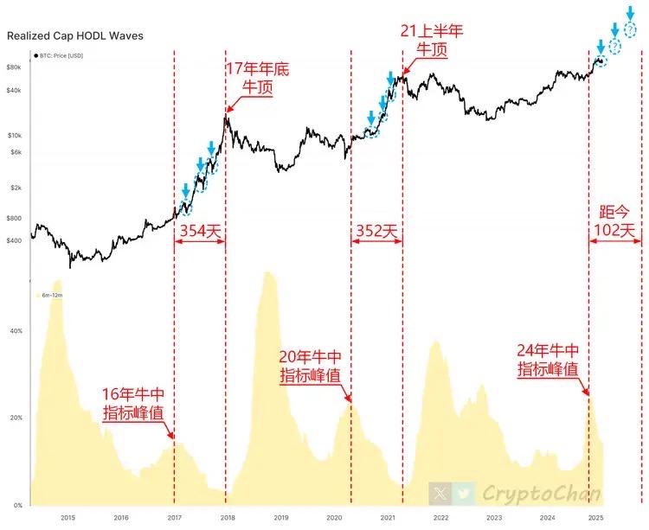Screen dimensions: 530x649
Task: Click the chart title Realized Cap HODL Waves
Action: pos(75,36)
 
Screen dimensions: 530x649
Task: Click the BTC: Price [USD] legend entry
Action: pos(62,54)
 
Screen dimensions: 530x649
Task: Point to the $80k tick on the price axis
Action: pos(14,67)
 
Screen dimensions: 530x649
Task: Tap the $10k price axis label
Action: pos(14,136)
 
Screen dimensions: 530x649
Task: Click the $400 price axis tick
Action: pos(14,240)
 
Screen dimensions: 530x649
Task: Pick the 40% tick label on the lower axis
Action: pos(15,331)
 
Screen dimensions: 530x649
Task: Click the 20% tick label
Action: pos(15,418)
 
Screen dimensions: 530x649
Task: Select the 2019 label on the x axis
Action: pos(280,517)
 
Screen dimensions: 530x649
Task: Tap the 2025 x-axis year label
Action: pos(595,517)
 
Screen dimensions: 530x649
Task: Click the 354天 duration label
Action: pos(200,231)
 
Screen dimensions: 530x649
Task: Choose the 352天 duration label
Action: pos(376,231)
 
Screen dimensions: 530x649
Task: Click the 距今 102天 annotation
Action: pos(616,222)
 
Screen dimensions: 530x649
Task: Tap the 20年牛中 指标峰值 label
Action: pos(310,367)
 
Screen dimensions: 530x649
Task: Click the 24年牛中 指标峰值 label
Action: pos(548,360)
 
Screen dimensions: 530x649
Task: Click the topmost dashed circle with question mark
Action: pos(631,31)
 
